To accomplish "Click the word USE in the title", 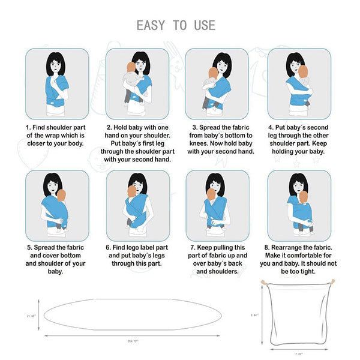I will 203,25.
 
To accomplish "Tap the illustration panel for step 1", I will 57,83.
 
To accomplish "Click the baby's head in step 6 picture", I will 131,191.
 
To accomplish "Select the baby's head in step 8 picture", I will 303,197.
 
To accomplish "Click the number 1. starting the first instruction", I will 28,128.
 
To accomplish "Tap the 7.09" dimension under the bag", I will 298,354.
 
